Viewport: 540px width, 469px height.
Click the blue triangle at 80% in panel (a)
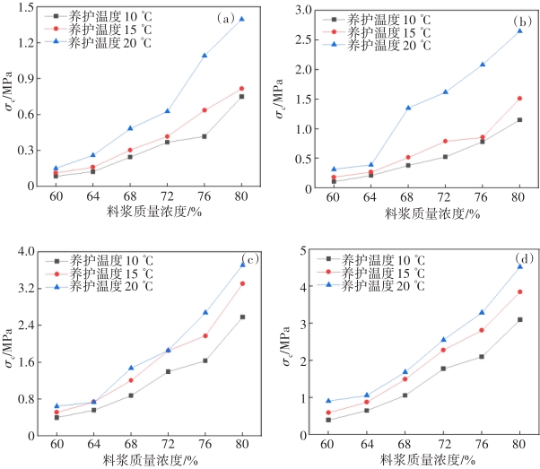pos(241,19)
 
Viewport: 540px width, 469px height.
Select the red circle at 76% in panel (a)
pos(204,110)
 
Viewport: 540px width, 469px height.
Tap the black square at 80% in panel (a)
pos(241,96)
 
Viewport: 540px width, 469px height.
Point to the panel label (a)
pos(225,18)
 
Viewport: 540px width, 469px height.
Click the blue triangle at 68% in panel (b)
pos(407,109)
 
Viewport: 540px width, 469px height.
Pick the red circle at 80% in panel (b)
pos(519,99)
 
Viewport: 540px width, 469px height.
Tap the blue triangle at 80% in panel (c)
pos(242,264)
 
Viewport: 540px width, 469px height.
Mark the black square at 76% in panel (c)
pos(205,360)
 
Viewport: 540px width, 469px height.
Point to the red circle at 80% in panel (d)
pos(519,291)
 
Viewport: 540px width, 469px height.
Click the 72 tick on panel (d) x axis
pos(445,444)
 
